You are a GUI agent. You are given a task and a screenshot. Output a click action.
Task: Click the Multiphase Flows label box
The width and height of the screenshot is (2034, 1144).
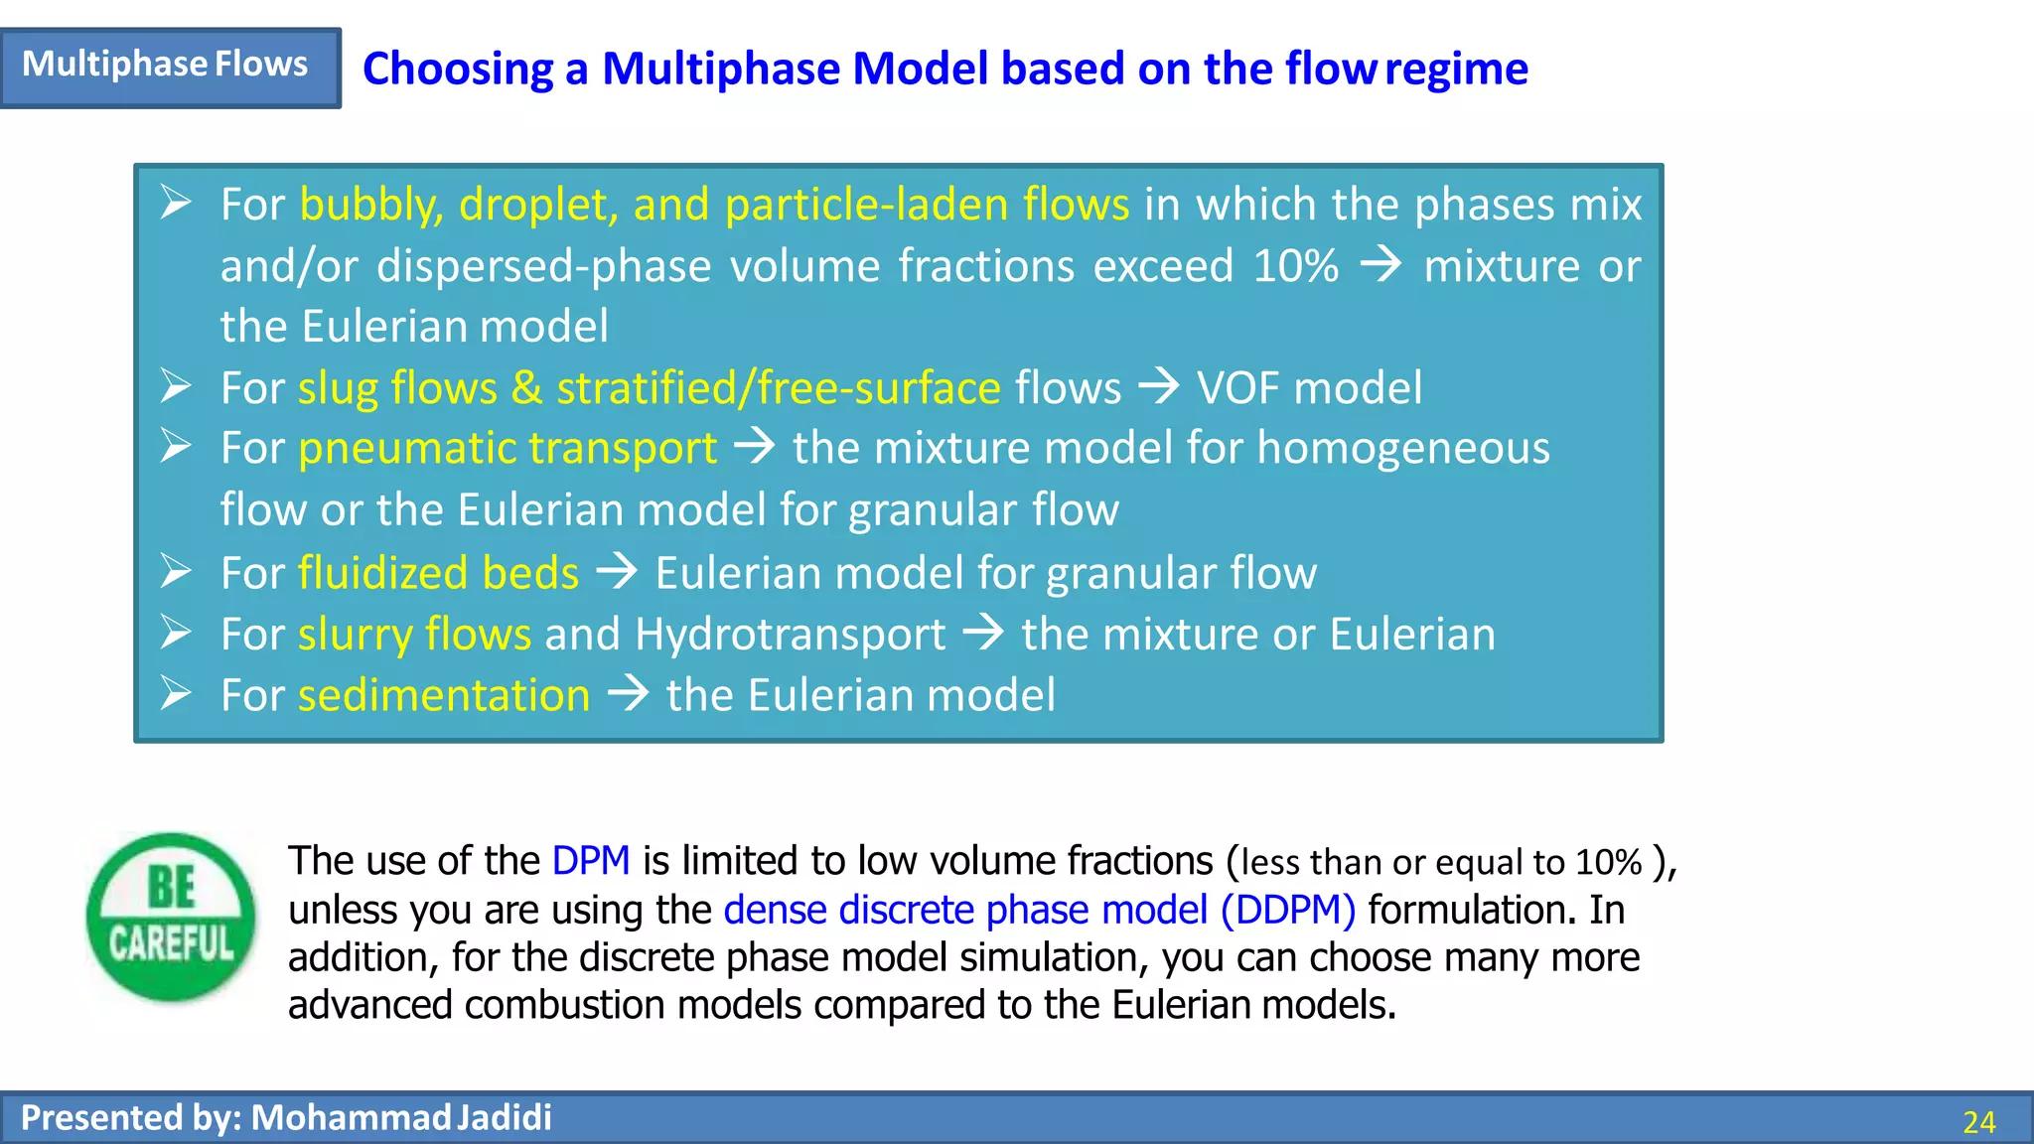[169, 66]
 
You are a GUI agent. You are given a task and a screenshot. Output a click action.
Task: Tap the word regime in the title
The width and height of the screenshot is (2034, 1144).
[1456, 71]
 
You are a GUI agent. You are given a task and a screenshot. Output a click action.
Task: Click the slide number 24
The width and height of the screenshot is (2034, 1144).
[1978, 1122]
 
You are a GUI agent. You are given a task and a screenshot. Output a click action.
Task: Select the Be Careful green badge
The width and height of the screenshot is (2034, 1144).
[171, 917]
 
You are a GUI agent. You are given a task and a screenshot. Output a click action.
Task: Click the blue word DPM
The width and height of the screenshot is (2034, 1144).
[591, 861]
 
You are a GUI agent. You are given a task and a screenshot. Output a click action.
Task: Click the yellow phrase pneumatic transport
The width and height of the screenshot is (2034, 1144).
[507, 448]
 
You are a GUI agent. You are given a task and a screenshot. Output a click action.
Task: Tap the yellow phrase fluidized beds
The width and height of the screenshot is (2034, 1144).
[438, 573]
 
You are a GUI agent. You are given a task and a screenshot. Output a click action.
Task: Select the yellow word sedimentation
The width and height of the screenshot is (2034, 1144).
[444, 695]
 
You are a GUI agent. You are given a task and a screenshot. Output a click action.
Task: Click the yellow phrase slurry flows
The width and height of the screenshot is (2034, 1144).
[414, 635]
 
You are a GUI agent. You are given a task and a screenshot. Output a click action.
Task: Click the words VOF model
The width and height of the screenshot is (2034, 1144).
[1309, 388]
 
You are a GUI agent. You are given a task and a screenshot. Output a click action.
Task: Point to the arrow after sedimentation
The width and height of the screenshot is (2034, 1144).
[628, 693]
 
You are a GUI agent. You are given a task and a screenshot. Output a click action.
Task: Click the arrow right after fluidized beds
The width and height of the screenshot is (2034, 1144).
[617, 571]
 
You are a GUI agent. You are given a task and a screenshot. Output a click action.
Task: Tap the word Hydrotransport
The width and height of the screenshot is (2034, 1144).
[790, 635]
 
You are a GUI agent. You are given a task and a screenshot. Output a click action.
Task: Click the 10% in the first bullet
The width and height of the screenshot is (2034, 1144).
[1295, 266]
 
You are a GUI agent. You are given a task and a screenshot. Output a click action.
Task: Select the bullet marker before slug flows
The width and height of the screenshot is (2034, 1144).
[176, 385]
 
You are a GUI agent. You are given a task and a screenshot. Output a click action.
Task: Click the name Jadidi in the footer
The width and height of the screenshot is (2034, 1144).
[505, 1118]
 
